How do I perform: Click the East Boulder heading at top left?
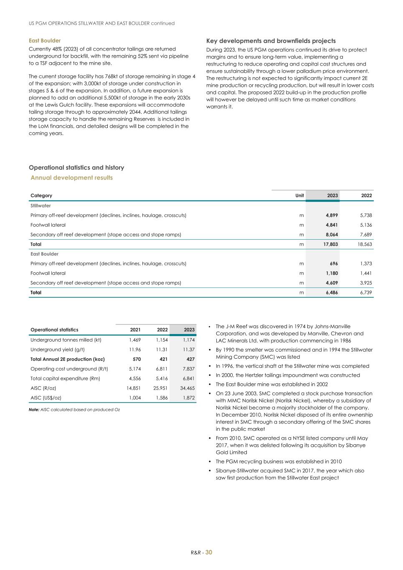coord(45,41)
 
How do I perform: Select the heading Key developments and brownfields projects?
coord(271,41)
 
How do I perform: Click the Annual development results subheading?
coord(72,177)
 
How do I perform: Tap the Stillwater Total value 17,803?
coord(331,244)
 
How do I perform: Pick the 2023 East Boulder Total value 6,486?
coord(332,293)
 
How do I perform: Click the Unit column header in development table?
coord(299,195)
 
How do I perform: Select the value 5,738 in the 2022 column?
coord(365,215)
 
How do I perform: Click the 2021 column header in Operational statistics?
coord(135,330)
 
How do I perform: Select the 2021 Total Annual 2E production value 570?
coord(137,359)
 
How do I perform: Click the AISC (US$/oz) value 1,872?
coord(188,398)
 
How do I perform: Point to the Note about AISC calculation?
coord(74,410)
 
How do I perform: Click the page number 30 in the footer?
coord(209,552)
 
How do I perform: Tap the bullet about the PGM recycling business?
coord(279,461)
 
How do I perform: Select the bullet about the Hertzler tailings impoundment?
coord(288,375)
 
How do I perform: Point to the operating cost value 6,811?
coord(162,369)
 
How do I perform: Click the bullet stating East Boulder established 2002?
coord(271,384)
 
